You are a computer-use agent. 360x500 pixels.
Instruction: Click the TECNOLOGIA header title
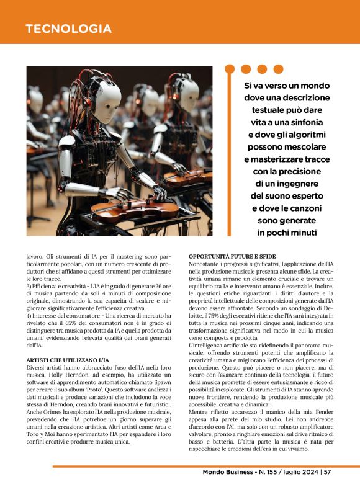click(69, 29)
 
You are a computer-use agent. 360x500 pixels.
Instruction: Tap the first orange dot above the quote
click(230, 69)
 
